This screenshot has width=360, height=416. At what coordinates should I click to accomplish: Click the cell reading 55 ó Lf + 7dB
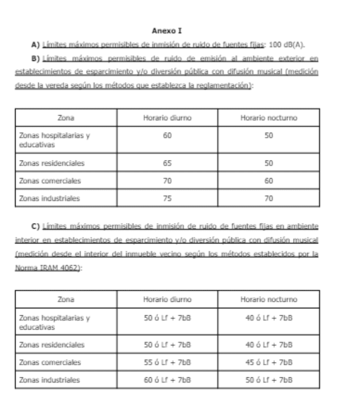coord(167,362)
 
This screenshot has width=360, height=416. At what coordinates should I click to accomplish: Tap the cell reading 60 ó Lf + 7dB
coord(167,380)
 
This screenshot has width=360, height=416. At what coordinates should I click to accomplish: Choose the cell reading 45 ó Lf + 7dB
coord(269,362)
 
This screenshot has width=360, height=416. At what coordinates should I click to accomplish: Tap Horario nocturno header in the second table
coord(269,299)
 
